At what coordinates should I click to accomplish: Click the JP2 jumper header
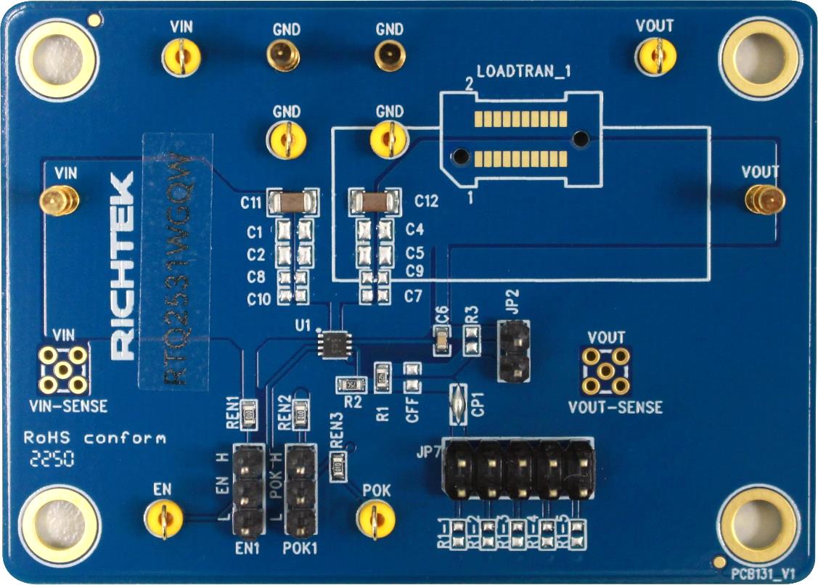pos(512,351)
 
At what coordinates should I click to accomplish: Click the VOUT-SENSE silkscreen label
pos(615,407)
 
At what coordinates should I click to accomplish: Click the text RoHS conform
pos(94,438)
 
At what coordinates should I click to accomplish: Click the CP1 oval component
pos(457,404)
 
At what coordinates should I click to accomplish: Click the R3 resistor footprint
pos(472,339)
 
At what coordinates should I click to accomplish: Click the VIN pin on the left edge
pos(59,201)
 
